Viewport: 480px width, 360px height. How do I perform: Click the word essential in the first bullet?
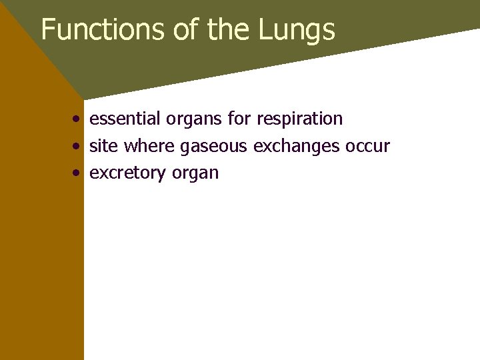(x=125, y=119)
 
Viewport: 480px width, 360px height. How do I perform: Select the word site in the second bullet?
(x=103, y=145)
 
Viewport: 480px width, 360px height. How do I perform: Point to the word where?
(x=150, y=145)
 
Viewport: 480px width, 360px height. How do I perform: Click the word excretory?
(x=128, y=173)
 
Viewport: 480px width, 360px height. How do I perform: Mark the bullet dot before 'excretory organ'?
(x=78, y=173)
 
